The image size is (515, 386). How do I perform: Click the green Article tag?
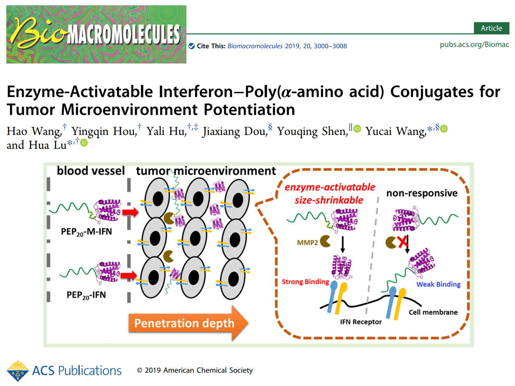[491, 28]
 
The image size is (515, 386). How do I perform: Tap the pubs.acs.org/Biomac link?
[474, 44]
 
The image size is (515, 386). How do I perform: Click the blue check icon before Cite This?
[192, 46]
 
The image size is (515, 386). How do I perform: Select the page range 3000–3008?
[330, 46]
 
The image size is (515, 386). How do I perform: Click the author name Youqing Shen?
[312, 131]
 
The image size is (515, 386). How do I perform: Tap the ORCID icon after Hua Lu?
[84, 143]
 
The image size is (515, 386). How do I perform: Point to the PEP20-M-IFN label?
[86, 232]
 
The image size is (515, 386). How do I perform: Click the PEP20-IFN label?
[86, 295]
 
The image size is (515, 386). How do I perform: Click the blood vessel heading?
[91, 171]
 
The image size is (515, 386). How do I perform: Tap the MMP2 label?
[307, 242]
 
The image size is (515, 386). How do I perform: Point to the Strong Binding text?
[305, 281]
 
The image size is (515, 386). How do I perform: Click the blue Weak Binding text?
[438, 284]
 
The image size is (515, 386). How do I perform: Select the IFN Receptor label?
[360, 322]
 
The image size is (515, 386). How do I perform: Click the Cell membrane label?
[433, 312]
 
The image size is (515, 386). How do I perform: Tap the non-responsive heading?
[422, 193]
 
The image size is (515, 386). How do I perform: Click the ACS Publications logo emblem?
[18, 371]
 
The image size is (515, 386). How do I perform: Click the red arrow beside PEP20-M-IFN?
[130, 212]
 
